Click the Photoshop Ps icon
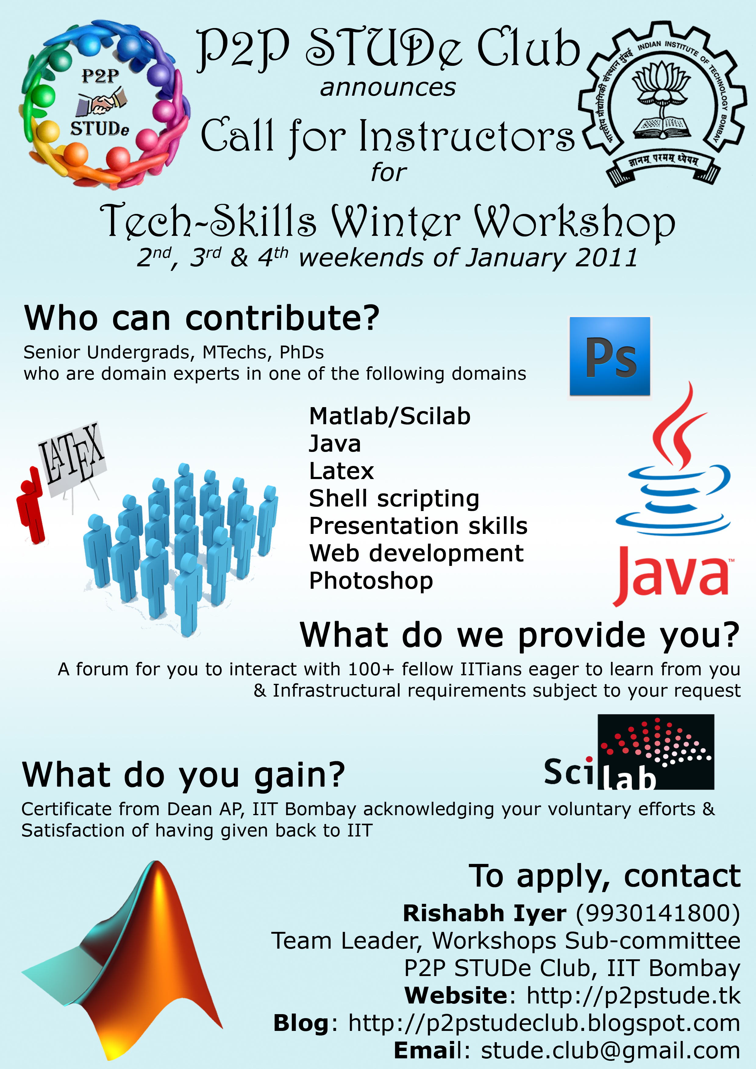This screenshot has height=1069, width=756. (x=610, y=356)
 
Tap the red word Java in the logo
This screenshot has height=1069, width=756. (x=672, y=575)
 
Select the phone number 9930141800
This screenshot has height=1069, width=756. (x=658, y=914)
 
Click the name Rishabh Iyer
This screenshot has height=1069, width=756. (x=484, y=914)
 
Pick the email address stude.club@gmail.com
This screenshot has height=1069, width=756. (x=610, y=1050)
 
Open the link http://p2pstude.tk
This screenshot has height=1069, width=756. (x=633, y=996)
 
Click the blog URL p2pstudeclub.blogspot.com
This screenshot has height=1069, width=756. (x=544, y=1023)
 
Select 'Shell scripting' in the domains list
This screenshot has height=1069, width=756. (x=394, y=499)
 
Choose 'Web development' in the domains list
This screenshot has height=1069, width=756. (x=416, y=554)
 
